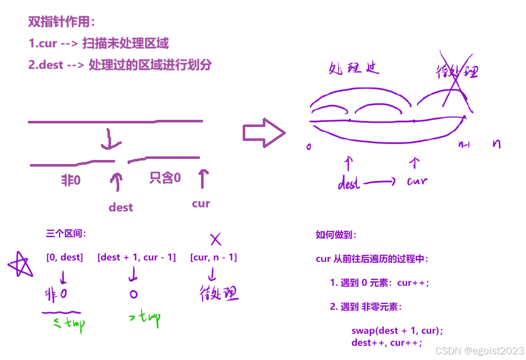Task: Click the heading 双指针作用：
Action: pyautogui.click(x=62, y=22)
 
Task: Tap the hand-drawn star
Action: pyautogui.click(x=21, y=266)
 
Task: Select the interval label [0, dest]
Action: pyautogui.click(x=64, y=257)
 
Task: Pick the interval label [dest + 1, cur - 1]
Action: pyautogui.click(x=136, y=257)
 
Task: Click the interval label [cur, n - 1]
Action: pyautogui.click(x=213, y=257)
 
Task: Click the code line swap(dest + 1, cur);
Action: pyautogui.click(x=397, y=331)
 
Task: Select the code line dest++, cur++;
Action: pyautogui.click(x=386, y=343)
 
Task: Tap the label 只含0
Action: pyautogui.click(x=165, y=178)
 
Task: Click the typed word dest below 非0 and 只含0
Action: pyautogui.click(x=121, y=207)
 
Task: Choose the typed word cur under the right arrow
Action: pyautogui.click(x=201, y=204)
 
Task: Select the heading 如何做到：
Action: pyautogui.click(x=336, y=235)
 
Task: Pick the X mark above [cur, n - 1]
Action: pyautogui.click(x=215, y=239)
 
